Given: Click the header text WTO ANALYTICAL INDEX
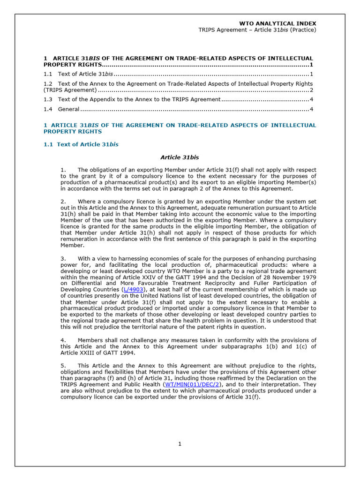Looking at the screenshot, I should tap(277, 23).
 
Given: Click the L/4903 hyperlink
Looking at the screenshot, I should tap(133, 290).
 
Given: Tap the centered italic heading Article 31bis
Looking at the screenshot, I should tap(180, 157).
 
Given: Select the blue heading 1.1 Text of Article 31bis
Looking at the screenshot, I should tap(81, 144).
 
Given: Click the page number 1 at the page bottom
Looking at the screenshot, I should tap(180, 444).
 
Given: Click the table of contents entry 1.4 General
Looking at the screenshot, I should tap(61, 109).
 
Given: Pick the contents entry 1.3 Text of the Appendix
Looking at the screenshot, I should tap(132, 99).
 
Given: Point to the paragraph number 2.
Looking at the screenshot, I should tap(63, 201).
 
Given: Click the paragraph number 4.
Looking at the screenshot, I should tap(63, 340).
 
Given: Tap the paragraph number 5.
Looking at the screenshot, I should tap(63, 366).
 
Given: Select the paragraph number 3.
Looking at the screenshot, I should tap(63, 258).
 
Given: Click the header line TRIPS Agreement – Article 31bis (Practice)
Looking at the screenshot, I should tap(258, 30).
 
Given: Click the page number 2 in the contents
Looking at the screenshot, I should tap(311, 90).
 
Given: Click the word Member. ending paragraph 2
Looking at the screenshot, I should tap(72, 245).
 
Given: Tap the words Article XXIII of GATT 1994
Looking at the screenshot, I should tap(98, 353).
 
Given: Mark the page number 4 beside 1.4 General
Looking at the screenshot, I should tap(311, 109).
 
